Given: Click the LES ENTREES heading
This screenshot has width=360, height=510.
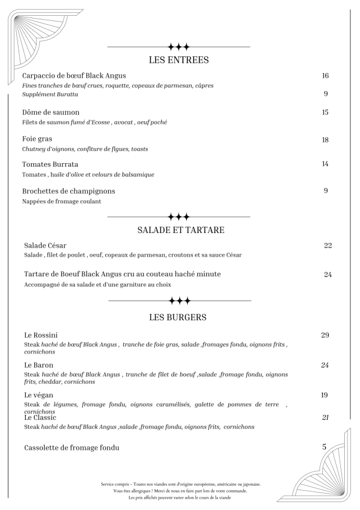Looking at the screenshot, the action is click(178, 60).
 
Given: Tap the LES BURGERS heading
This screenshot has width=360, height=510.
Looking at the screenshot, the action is click(178, 317).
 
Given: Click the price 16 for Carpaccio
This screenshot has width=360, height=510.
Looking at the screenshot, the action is click(325, 75).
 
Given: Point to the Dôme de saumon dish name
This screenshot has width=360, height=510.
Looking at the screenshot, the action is click(51, 112).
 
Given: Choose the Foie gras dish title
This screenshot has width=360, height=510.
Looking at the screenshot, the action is click(38, 139).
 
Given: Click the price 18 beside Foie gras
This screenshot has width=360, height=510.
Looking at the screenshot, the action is click(325, 140).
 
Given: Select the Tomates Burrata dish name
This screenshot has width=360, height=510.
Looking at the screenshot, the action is click(49, 164).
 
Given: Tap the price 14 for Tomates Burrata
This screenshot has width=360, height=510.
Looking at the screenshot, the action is click(325, 164).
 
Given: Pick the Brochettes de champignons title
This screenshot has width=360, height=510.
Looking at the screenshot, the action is click(69, 191).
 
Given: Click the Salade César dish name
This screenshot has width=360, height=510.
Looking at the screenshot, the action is click(45, 245).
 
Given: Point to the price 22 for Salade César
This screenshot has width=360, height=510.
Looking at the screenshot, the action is click(328, 245).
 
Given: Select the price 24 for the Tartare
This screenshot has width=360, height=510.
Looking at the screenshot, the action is click(328, 275).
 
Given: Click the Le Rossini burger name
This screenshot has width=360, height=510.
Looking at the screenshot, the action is click(41, 335).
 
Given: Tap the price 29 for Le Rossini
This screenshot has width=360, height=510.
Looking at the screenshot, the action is click(325, 335).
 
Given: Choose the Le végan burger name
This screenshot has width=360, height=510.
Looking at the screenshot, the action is click(39, 395).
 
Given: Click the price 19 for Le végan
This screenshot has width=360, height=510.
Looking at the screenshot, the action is click(325, 395).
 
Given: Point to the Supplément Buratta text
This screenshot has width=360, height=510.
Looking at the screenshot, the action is click(50, 94).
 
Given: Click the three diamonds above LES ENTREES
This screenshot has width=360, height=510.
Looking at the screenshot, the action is click(178, 46).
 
